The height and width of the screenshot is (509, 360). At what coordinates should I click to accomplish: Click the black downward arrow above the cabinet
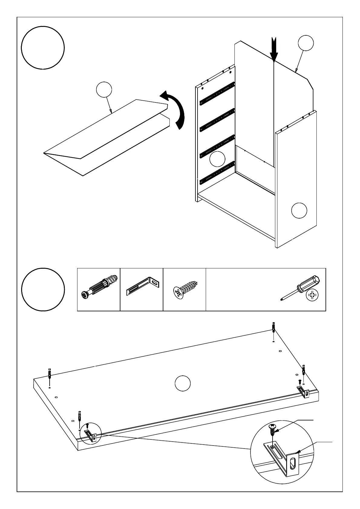(x=274, y=50)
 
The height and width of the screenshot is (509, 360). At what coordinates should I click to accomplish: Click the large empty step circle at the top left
(x=43, y=48)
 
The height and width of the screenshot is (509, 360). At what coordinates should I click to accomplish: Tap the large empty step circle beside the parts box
(x=43, y=289)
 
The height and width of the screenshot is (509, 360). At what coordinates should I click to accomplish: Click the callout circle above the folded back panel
(x=104, y=90)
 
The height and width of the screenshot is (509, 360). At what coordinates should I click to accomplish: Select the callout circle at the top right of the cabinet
(x=306, y=43)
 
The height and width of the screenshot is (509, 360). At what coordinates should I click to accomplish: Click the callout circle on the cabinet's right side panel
(x=299, y=210)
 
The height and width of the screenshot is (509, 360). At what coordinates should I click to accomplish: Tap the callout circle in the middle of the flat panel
(x=183, y=383)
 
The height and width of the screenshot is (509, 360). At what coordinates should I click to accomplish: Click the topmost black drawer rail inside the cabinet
(x=217, y=93)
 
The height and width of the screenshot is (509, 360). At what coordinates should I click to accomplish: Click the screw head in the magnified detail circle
(x=272, y=427)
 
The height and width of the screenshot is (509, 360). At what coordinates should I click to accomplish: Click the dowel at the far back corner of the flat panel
(x=273, y=328)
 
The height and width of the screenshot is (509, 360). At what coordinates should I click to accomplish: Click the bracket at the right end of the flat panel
(x=303, y=392)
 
